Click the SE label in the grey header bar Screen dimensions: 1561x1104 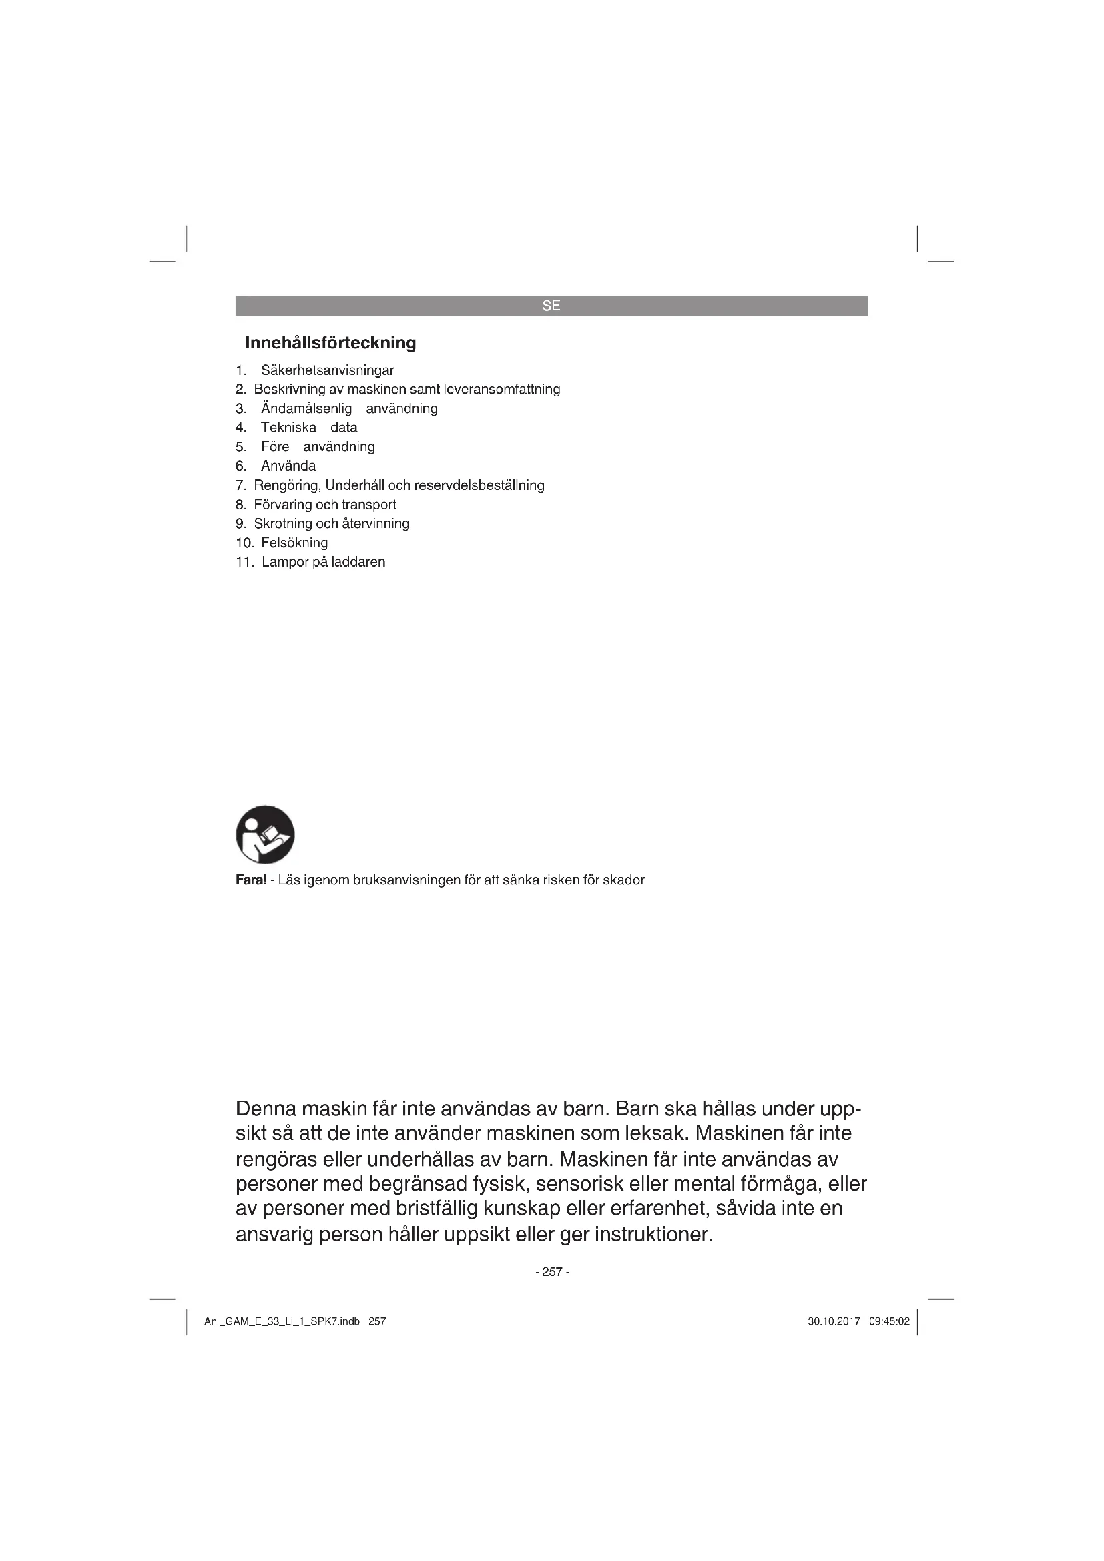(x=551, y=306)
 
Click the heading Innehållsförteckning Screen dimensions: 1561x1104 (x=330, y=342)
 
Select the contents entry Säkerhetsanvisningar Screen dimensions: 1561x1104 (x=327, y=370)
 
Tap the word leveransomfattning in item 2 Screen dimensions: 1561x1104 (x=502, y=390)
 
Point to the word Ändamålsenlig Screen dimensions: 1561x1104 (x=306, y=408)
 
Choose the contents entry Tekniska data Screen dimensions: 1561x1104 (x=308, y=428)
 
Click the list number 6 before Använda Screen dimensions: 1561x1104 (x=241, y=466)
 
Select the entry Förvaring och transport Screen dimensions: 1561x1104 (x=325, y=505)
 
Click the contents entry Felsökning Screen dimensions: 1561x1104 (x=294, y=543)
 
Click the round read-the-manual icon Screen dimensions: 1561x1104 (x=265, y=834)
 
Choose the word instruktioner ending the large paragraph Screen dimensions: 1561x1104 (x=653, y=1234)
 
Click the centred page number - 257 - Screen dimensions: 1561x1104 (x=552, y=1272)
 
